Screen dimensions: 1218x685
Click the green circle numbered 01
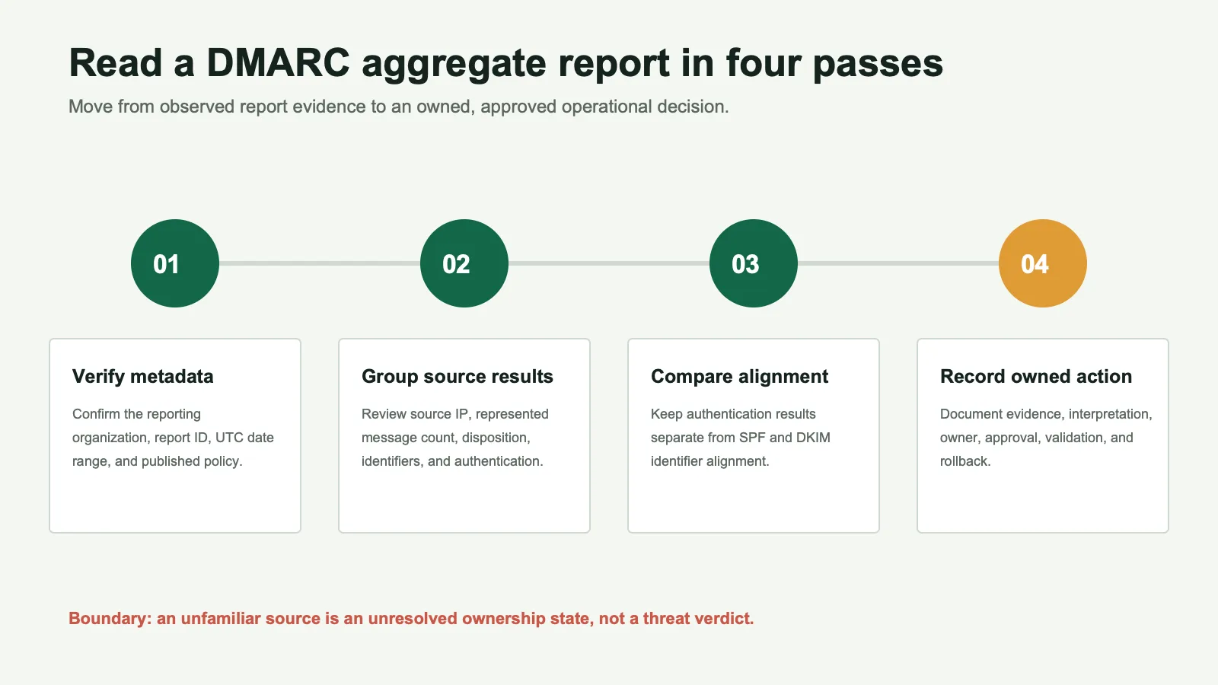(175, 263)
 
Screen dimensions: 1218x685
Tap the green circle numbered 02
(464, 263)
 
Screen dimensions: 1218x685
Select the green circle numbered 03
(754, 263)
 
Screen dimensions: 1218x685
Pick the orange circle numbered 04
(1043, 263)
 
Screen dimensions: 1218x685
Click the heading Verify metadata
(142, 376)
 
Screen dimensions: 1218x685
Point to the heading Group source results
(458, 376)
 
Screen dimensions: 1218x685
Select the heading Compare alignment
(739, 376)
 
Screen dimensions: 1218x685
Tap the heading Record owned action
(1036, 376)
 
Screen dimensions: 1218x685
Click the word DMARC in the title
(278, 62)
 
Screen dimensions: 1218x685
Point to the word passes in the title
(878, 64)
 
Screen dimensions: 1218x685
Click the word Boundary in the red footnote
(110, 619)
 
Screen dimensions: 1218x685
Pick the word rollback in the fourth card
(965, 461)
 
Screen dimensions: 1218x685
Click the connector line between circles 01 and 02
(320, 263)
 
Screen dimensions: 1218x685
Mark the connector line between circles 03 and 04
(898, 263)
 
